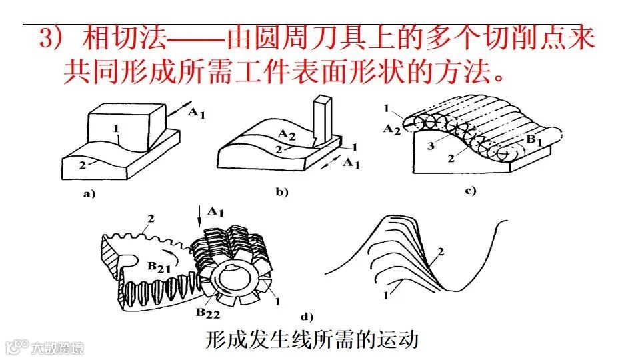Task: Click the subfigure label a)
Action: [x=89, y=195]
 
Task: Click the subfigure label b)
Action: [x=281, y=193]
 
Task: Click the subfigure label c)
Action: [x=471, y=192]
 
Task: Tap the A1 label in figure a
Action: [x=195, y=113]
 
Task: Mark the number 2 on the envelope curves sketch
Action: [x=439, y=251]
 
